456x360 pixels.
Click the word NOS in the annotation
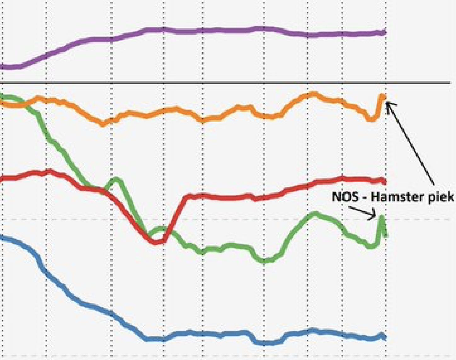pos(345,197)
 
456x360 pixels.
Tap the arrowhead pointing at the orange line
pos(388,103)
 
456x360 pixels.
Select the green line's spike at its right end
pos(382,218)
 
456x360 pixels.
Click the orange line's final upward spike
pos(382,96)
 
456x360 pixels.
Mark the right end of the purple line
pos(385,32)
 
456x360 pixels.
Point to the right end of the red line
pos(385,181)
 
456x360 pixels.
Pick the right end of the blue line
pos(385,337)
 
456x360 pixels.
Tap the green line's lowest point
pos(264,261)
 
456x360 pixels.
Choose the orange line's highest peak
pos(313,94)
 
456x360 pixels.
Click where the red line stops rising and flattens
pos(187,197)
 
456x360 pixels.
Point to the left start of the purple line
pos(2,67)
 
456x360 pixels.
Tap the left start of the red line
pos(2,179)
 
